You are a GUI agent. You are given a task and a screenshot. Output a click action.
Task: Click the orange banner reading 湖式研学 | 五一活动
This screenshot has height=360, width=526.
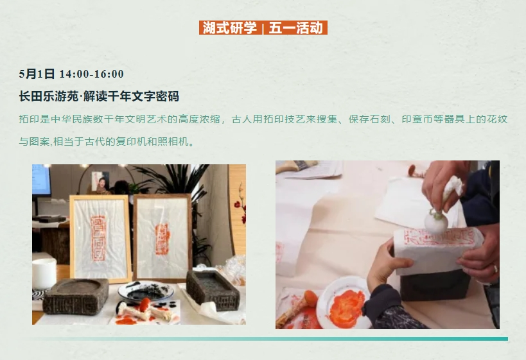[x=263, y=28]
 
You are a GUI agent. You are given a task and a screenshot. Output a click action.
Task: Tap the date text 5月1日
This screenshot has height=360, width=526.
[x=37, y=74]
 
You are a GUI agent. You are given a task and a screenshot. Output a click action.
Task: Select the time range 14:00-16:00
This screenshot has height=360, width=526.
[x=92, y=74]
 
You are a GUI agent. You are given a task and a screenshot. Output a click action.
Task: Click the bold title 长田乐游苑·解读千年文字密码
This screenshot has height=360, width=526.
[x=99, y=96]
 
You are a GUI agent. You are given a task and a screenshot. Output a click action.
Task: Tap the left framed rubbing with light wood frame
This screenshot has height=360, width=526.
[x=100, y=239]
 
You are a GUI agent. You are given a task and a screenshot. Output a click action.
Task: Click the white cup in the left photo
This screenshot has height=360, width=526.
[x=44, y=273]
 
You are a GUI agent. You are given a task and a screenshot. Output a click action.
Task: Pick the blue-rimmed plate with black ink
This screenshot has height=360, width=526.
[x=146, y=291]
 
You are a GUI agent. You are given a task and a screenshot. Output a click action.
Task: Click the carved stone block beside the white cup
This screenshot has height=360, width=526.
[x=76, y=296]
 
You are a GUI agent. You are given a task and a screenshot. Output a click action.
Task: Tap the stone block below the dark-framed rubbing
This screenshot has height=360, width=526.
[x=213, y=290]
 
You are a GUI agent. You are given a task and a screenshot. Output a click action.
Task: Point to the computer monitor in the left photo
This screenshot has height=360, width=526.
[x=41, y=180]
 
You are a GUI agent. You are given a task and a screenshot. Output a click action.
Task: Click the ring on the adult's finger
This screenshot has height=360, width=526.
[x=495, y=268]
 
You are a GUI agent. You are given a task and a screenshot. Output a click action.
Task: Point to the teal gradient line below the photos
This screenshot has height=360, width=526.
[x=268, y=339]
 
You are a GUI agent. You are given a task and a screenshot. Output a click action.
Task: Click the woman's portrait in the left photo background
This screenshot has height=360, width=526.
[x=100, y=183]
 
